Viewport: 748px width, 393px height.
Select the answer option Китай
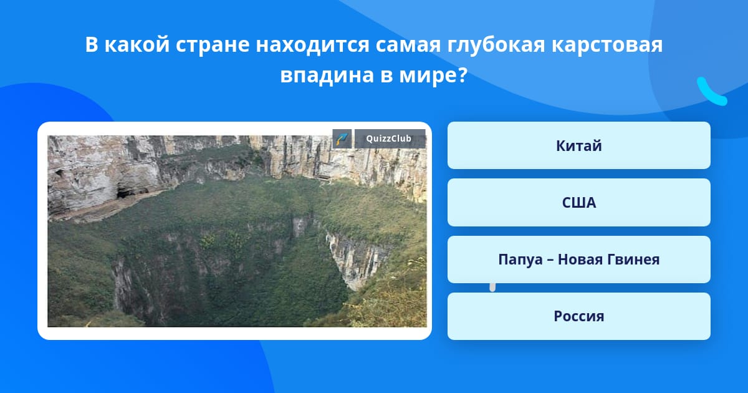pyautogui.click(x=578, y=145)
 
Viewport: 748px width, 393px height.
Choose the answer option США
pyautogui.click(x=578, y=203)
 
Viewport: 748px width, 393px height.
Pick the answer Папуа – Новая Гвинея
pyautogui.click(x=578, y=260)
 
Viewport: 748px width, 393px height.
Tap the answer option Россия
pyautogui.click(x=578, y=316)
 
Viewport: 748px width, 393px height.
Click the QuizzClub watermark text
pyautogui.click(x=389, y=138)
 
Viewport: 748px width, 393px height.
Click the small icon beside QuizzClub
pyautogui.click(x=342, y=138)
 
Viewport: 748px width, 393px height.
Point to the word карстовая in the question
pyautogui.click(x=607, y=45)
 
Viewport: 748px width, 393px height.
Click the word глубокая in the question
pyautogui.click(x=496, y=46)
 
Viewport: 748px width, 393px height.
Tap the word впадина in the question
pyautogui.click(x=327, y=75)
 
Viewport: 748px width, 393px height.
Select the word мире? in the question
pyautogui.click(x=433, y=75)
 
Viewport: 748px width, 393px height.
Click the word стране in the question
pyautogui.click(x=213, y=46)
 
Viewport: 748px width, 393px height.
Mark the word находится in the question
pyautogui.click(x=312, y=46)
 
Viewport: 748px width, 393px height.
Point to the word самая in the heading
pyautogui.click(x=408, y=46)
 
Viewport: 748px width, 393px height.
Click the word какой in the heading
pyautogui.click(x=137, y=44)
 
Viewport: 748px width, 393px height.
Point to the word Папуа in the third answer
pyautogui.click(x=520, y=260)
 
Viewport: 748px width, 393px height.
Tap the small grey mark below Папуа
pyautogui.click(x=492, y=287)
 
